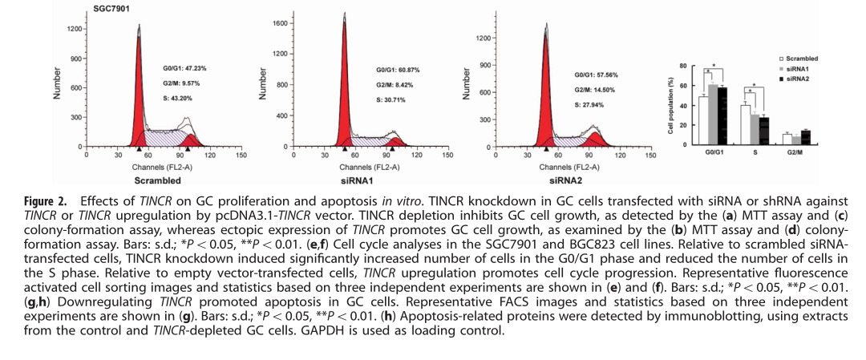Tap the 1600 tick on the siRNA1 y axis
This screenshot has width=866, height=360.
pos(279,23)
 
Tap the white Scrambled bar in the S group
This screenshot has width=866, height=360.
pos(744,124)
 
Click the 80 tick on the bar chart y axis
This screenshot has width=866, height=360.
pos(682,66)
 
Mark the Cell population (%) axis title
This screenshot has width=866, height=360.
pos(670,105)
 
